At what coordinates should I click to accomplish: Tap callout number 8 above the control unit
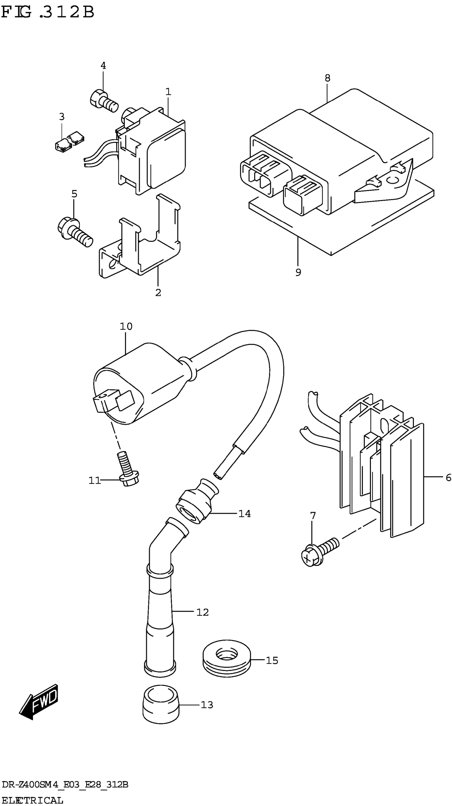[327, 78]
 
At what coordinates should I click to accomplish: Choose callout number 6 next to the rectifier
[448, 477]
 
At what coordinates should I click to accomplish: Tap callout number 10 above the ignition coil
[126, 326]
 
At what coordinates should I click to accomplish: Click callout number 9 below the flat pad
[298, 272]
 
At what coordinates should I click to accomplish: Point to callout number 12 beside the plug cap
[202, 612]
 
